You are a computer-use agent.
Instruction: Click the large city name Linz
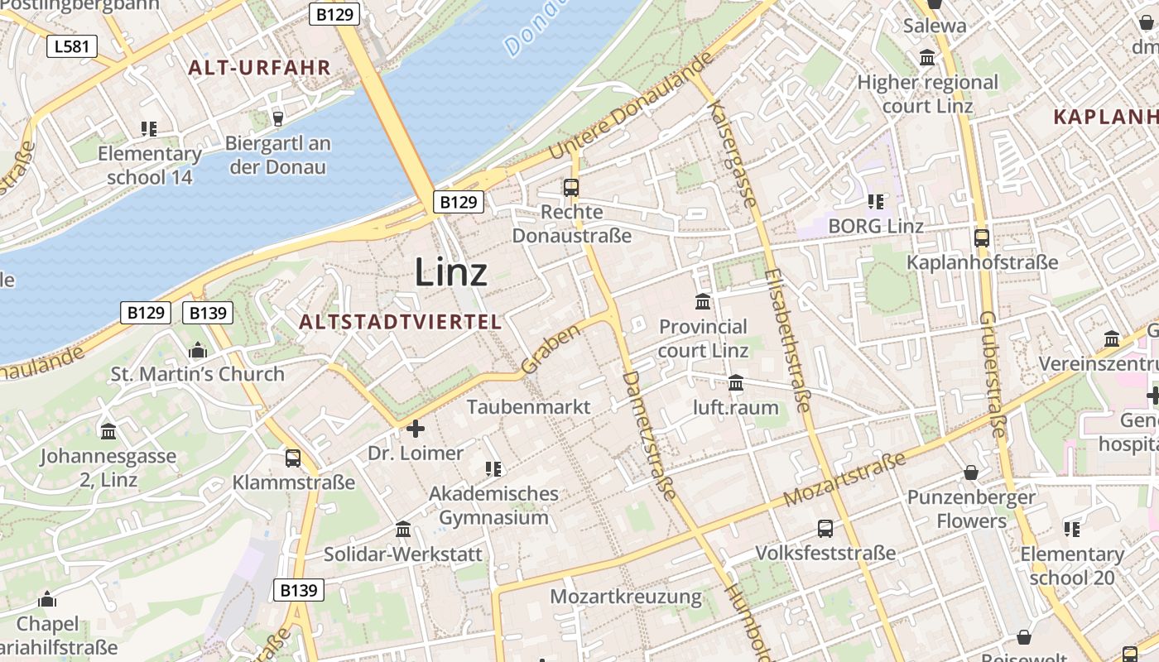click(x=450, y=271)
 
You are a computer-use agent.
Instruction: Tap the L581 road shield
click(x=71, y=46)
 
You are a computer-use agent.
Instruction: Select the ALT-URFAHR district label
click(x=259, y=68)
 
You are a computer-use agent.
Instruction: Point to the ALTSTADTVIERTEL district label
click(x=401, y=322)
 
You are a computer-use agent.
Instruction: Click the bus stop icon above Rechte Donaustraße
click(x=571, y=187)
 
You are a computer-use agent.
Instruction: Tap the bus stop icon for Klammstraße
click(x=293, y=458)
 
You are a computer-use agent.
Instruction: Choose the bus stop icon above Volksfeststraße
click(x=825, y=528)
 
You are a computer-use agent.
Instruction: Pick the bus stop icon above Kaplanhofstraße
click(x=982, y=237)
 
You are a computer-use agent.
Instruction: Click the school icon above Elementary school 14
click(x=149, y=128)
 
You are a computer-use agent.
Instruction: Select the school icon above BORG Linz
click(x=876, y=201)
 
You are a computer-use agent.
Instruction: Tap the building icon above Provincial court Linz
click(x=703, y=301)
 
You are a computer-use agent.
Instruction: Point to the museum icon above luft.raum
click(x=736, y=382)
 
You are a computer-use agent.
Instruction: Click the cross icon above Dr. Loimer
click(x=416, y=429)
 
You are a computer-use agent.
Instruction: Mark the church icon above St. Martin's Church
click(x=197, y=350)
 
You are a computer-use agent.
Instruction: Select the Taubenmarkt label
click(x=529, y=407)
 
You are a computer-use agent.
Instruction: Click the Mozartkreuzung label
click(x=625, y=597)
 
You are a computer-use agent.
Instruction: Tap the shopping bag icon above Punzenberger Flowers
click(x=971, y=473)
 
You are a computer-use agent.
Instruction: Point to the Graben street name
click(x=551, y=348)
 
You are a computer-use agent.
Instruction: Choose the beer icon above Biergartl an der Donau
click(x=278, y=118)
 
